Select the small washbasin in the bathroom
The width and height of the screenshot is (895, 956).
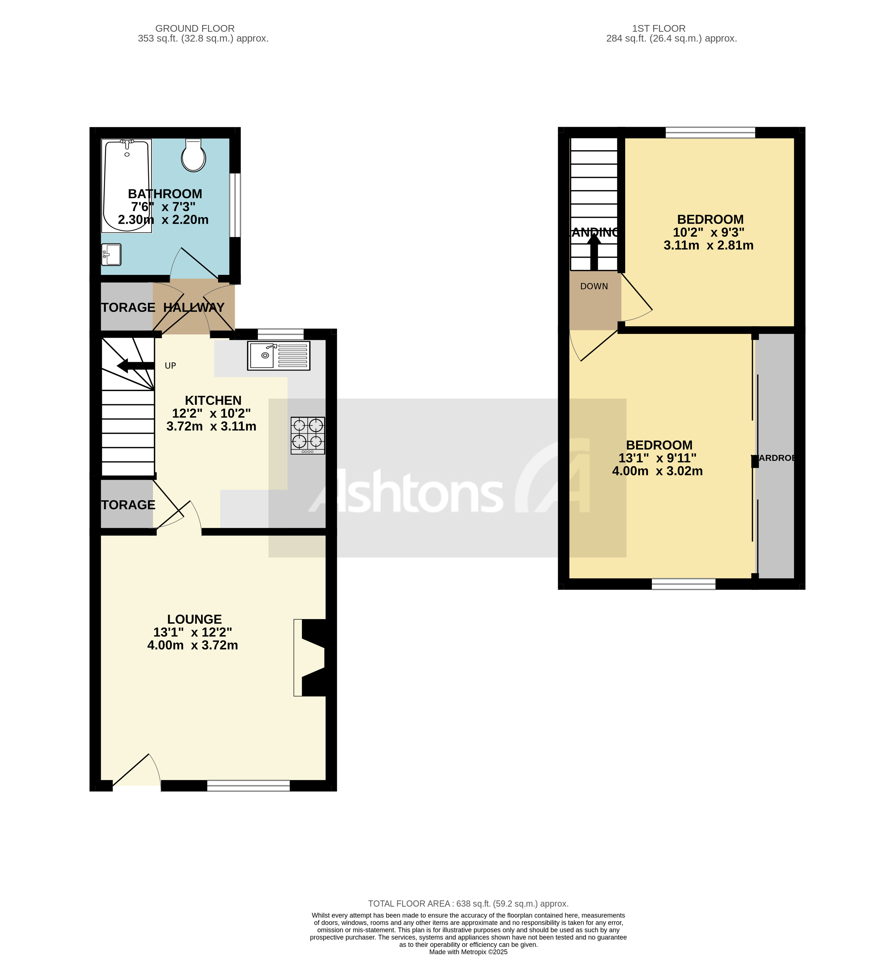click(x=111, y=254)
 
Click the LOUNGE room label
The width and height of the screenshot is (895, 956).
click(x=194, y=619)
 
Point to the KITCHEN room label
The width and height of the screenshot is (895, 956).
click(x=213, y=400)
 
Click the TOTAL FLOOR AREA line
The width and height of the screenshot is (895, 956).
click(x=468, y=903)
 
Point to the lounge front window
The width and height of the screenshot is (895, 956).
click(x=248, y=785)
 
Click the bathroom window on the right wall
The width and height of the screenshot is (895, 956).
click(x=235, y=205)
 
